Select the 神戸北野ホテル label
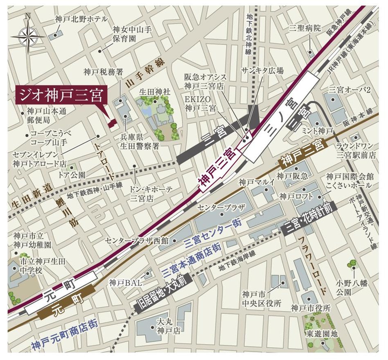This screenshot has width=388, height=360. click(x=81, y=19)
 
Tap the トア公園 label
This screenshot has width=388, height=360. click(x=71, y=175)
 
